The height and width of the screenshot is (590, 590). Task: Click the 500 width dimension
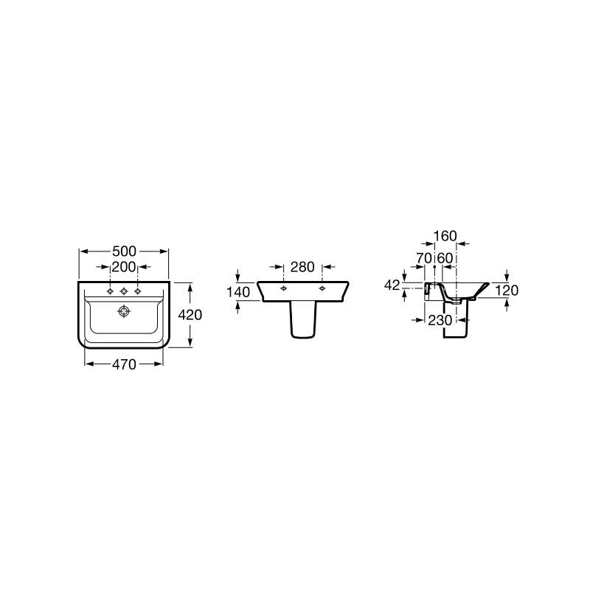124,251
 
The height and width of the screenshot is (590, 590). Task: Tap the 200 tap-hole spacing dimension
124,267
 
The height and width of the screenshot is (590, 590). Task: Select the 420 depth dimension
190,315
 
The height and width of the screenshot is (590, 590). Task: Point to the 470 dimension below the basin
124,364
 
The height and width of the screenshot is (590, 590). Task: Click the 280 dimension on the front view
302,267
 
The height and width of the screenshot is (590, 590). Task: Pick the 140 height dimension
238,292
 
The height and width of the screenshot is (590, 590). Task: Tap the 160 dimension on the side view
445,236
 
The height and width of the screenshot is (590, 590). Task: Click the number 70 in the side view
424,258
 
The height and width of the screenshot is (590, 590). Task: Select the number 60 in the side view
445,258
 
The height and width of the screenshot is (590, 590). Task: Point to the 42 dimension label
392,285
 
